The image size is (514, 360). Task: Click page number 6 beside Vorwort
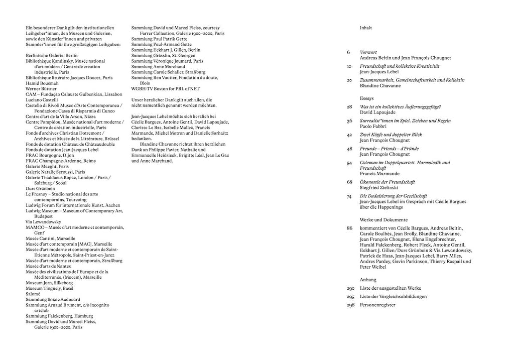pos(348,52)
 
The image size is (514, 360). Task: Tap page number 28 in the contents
pos(349,107)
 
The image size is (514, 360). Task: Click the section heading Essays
pos(367,99)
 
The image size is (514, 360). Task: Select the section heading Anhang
pos(368,280)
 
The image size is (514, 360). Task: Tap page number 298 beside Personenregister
pos(350,305)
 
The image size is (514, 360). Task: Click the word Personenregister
pos(377,305)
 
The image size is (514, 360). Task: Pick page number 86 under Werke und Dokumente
pos(349,228)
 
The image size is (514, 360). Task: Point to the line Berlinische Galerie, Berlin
pos(52,55)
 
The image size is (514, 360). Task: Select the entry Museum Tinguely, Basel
pos(50,288)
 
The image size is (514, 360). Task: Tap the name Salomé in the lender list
pos(33,294)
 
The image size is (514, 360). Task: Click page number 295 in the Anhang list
pos(350,297)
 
